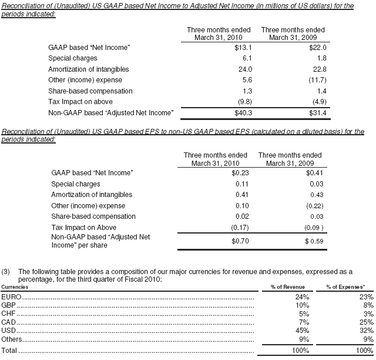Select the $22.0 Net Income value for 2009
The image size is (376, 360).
coord(317,48)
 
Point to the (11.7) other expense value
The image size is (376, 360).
coord(315,80)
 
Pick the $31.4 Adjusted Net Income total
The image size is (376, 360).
coord(317,112)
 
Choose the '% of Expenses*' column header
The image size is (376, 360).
coord(345,287)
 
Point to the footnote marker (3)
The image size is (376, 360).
coord(6,272)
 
